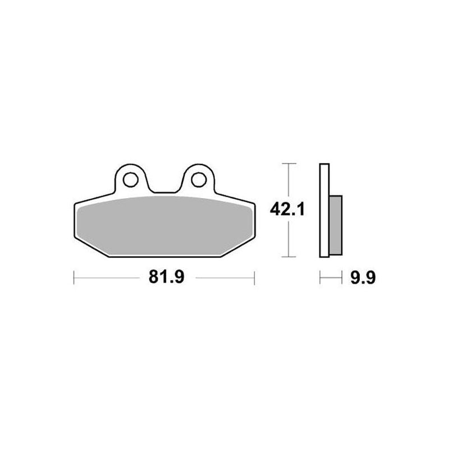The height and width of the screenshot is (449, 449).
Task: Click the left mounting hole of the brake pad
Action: (x=131, y=180)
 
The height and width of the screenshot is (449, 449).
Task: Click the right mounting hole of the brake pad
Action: (x=199, y=180)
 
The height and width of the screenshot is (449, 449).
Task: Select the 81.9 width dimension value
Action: (x=167, y=277)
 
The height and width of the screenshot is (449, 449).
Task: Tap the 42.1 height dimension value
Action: (x=287, y=209)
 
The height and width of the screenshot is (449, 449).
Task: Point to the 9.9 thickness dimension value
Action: (x=363, y=277)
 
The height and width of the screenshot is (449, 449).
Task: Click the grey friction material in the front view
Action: (x=164, y=226)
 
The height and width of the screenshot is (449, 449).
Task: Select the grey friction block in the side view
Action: (x=336, y=226)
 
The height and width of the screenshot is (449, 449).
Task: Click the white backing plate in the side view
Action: (x=324, y=210)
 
